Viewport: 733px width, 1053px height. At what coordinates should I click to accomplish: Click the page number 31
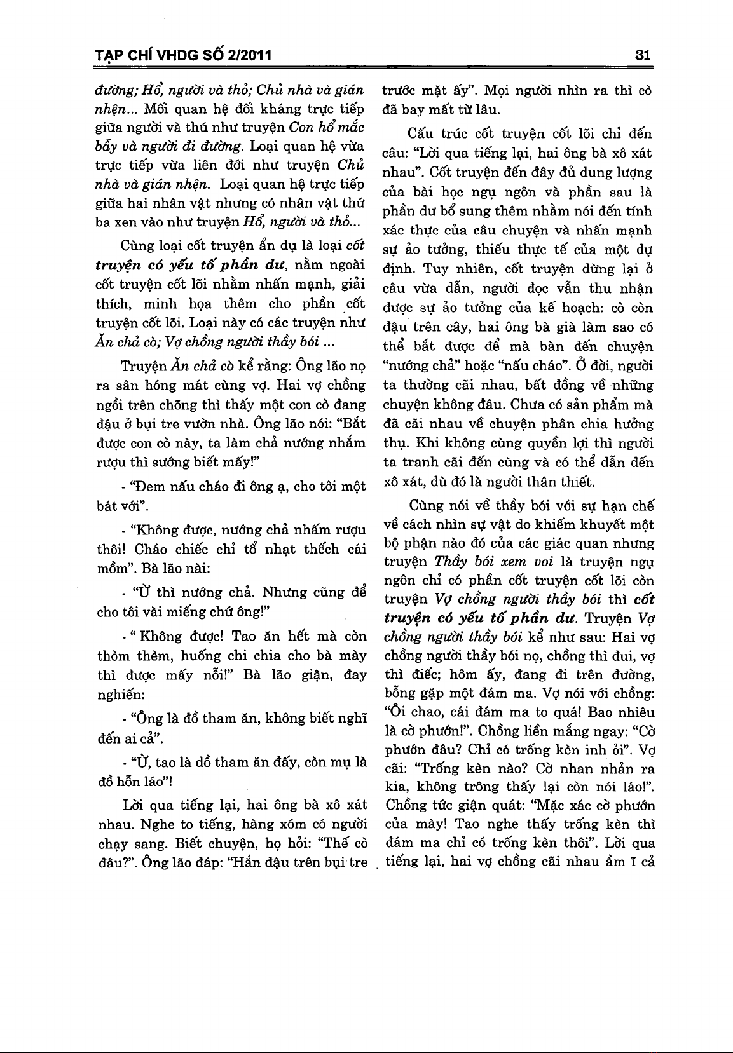(643, 55)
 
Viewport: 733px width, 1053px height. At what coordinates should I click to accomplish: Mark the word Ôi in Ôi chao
(395, 712)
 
